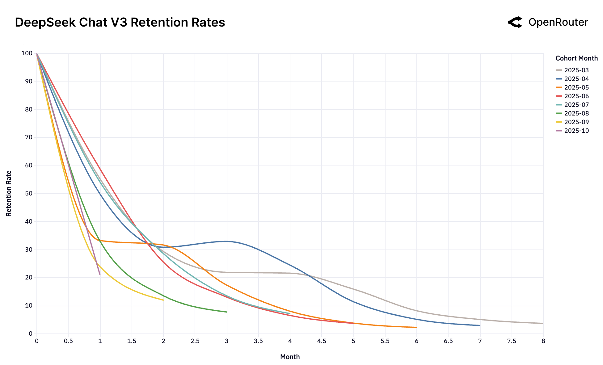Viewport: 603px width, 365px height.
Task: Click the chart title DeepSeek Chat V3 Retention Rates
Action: tap(120, 23)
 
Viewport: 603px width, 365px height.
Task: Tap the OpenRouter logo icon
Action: tap(515, 22)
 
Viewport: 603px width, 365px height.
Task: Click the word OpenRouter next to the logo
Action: tap(558, 22)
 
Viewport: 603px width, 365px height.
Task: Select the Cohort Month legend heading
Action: tap(576, 58)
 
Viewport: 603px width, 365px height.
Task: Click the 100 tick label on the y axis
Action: tap(27, 53)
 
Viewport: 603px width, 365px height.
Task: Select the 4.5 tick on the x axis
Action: tap(322, 341)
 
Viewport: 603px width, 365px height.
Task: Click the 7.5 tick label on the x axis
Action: tap(512, 341)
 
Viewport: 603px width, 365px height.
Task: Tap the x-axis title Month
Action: tap(290, 357)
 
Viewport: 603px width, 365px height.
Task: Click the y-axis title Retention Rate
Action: tap(9, 193)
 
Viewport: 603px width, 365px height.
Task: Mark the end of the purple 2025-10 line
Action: tap(100, 274)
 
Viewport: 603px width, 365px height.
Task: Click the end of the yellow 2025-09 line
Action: tap(163, 300)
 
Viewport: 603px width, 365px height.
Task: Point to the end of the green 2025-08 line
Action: tap(226, 312)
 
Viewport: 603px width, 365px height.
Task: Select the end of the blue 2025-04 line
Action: tap(480, 325)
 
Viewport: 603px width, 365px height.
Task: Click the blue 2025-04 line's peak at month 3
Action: tap(227, 241)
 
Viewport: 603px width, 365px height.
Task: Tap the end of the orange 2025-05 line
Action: tap(416, 327)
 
